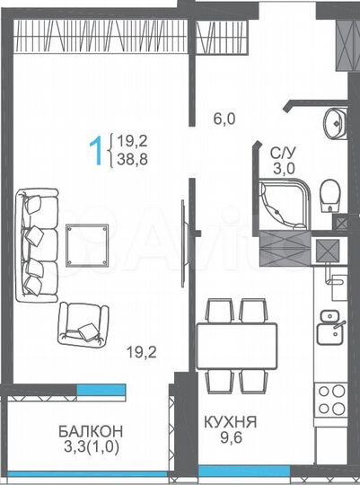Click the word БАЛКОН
(x=85, y=429)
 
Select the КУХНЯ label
(x=231, y=419)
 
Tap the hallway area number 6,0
(x=224, y=116)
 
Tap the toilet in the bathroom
(x=329, y=192)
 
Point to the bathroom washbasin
(x=336, y=121)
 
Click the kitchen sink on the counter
(x=330, y=319)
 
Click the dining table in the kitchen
(x=236, y=346)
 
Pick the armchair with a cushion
(x=83, y=322)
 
